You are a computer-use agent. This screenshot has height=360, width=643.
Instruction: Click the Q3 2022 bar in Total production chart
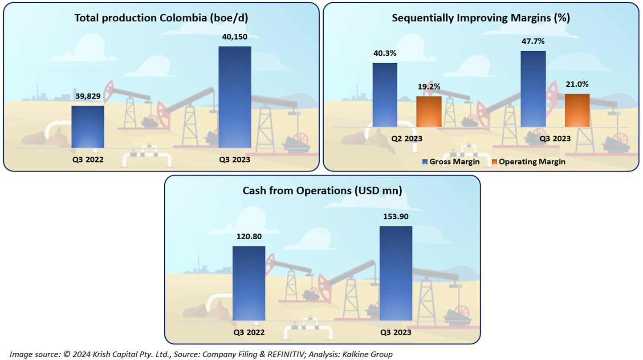coord(88,127)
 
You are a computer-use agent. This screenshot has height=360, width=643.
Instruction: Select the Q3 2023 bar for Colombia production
coord(235,97)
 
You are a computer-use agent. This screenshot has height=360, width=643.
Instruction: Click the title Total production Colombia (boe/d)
coord(161,18)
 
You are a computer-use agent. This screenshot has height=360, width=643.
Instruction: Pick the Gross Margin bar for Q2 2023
coord(385,94)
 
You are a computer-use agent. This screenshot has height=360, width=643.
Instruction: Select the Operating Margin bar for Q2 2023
coord(429,111)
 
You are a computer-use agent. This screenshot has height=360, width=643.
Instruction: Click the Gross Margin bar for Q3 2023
coord(533,89)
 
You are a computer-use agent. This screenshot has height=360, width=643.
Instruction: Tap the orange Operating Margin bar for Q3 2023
coord(577,110)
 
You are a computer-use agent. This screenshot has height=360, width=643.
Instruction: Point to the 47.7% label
coord(533,41)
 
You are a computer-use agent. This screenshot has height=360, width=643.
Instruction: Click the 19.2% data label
coord(429,87)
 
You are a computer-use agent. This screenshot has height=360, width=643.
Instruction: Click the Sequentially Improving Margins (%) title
coord(481,18)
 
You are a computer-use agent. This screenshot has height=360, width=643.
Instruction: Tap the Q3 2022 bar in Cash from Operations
coord(249,283)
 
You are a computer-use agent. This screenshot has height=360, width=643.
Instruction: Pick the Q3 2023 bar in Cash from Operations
coord(396,274)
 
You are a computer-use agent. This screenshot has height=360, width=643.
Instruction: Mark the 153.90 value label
coord(396,217)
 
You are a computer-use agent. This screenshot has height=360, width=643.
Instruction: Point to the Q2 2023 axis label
coord(407,139)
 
